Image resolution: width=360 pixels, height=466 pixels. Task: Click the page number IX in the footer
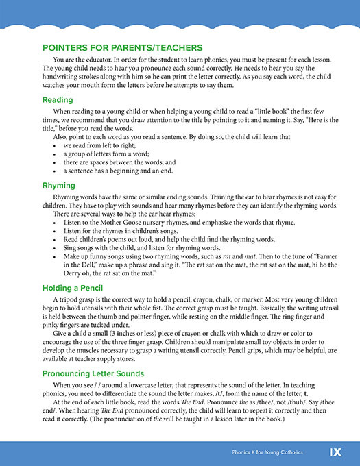coord(335,452)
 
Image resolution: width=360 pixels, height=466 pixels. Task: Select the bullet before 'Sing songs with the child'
coord(54,245)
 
